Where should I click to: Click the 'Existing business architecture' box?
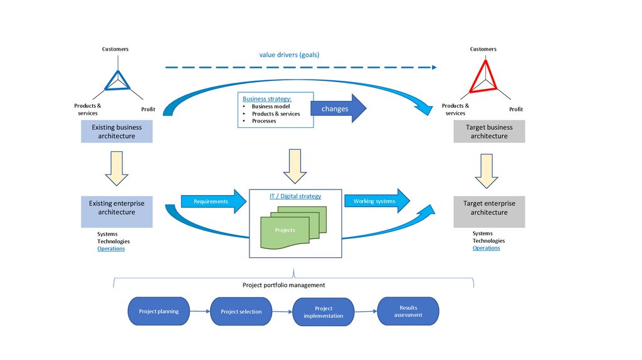click(117, 132)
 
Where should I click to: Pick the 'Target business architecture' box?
click(489, 132)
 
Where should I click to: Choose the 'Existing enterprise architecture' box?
click(117, 208)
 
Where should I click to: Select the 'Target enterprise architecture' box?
click(489, 208)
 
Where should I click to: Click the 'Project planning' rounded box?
click(159, 311)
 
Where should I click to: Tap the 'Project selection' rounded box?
click(241, 312)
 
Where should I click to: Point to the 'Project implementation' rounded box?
click(324, 312)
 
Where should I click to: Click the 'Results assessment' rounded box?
click(408, 311)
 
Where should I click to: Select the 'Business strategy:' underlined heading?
click(267, 98)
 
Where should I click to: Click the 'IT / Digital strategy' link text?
click(295, 196)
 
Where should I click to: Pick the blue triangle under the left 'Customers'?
click(117, 79)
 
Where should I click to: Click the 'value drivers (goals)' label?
click(289, 55)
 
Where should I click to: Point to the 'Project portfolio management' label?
click(283, 285)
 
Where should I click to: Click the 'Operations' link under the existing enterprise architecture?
click(111, 249)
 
